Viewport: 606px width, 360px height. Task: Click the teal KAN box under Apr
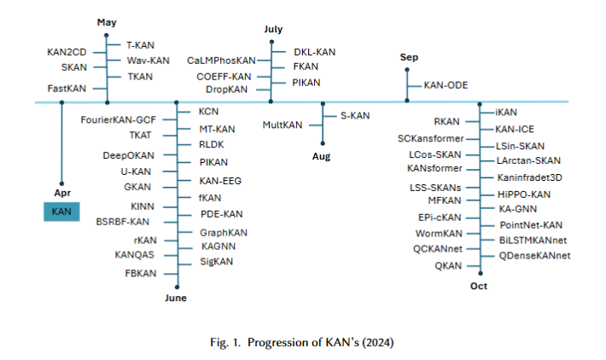(x=61, y=211)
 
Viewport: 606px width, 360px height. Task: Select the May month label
(x=107, y=21)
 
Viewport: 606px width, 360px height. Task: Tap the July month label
(x=272, y=29)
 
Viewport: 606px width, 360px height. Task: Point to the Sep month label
(x=409, y=57)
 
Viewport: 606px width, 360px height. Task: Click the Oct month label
(x=478, y=286)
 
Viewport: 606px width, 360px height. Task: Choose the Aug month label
(x=322, y=157)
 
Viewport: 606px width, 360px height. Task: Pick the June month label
(x=175, y=298)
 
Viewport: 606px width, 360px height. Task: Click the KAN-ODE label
(x=446, y=86)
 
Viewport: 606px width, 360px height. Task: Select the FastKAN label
(x=67, y=89)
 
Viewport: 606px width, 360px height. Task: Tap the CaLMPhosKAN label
(x=221, y=61)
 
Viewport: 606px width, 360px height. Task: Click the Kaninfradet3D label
(x=529, y=177)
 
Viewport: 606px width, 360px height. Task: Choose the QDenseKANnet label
(x=534, y=255)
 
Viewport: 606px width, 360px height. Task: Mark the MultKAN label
(x=283, y=125)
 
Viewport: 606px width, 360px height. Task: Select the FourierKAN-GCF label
(x=119, y=119)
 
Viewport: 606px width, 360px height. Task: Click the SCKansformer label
(x=431, y=138)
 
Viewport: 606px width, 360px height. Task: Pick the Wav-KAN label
(x=149, y=61)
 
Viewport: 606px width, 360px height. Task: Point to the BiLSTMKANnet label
(x=534, y=240)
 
